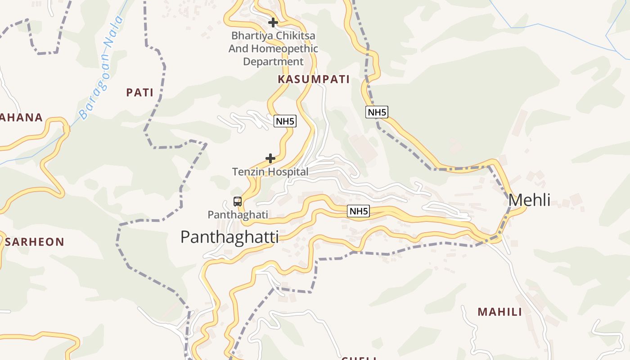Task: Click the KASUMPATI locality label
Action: (314, 80)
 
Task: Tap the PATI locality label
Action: (139, 93)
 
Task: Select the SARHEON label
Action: (35, 242)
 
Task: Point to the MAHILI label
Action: (499, 312)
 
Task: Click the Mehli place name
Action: (529, 200)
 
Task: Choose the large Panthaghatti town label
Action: (229, 237)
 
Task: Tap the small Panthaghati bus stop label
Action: (238, 215)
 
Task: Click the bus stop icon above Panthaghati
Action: (238, 201)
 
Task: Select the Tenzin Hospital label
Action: (270, 171)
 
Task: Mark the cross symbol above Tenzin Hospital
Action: (270, 158)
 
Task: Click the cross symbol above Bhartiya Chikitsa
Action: (273, 22)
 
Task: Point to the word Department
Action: (273, 61)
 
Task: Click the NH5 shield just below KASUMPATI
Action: (285, 121)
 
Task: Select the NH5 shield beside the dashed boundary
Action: (377, 112)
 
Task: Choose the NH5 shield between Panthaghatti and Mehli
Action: (358, 211)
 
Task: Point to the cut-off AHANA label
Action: (21, 117)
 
